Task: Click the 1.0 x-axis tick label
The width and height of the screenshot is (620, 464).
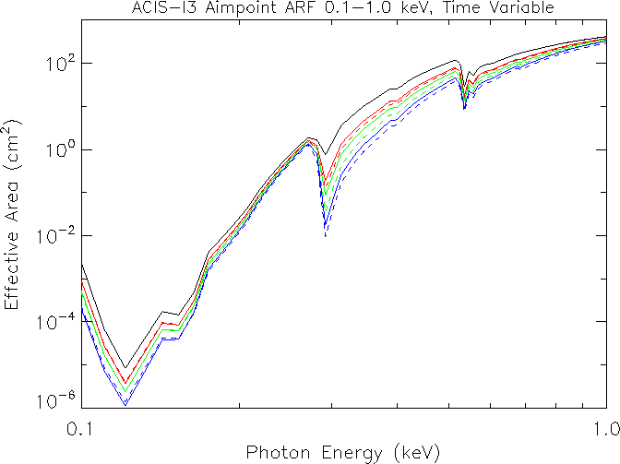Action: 605,429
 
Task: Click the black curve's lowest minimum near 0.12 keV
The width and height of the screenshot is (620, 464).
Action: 125,366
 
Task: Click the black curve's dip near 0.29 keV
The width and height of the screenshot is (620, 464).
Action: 322,154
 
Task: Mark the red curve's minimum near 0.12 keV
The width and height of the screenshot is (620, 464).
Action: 125,382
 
